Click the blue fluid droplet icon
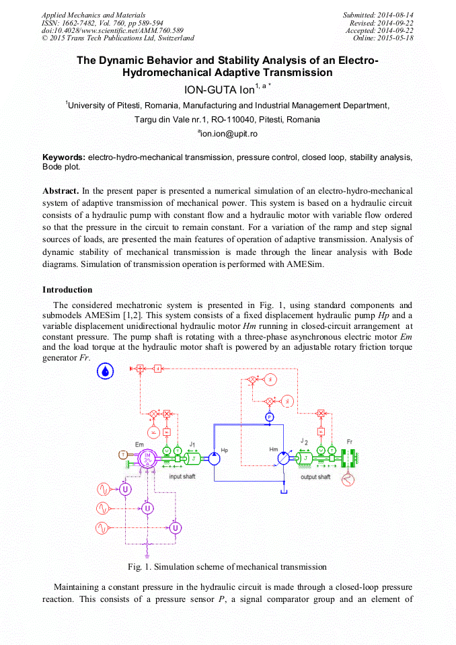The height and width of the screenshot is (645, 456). click(106, 369)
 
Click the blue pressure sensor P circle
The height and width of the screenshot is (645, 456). click(269, 417)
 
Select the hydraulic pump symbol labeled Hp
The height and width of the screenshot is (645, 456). click(213, 458)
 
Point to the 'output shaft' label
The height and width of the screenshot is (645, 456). click(315, 477)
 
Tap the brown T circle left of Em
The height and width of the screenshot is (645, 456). click(123, 455)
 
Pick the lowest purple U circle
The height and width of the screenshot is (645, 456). click(175, 527)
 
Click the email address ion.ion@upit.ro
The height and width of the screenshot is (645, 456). click(227, 134)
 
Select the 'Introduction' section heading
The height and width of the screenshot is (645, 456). click(67, 290)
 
